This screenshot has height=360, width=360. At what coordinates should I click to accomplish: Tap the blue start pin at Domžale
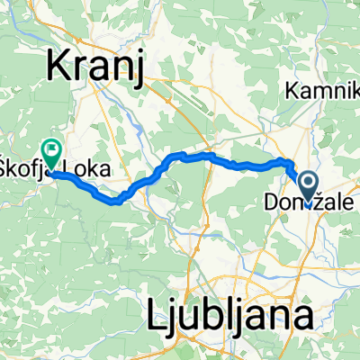308,186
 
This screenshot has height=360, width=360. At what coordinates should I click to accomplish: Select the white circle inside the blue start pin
308,184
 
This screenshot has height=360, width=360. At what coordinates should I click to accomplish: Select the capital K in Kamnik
291,90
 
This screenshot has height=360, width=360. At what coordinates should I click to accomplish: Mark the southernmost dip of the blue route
117,202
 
